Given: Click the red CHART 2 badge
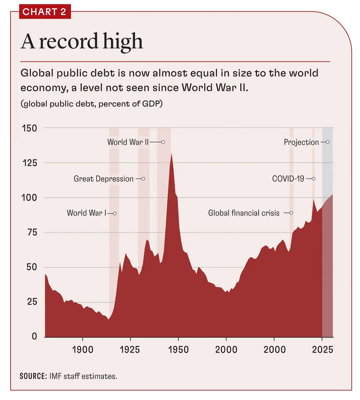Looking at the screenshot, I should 45,12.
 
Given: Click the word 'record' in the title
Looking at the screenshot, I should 68,41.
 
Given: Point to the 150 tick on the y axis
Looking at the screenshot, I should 29,128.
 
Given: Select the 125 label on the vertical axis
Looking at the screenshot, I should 30,163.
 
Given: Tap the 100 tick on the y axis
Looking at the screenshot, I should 29,198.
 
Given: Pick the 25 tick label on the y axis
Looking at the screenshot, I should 32,302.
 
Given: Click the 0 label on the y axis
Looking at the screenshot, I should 34,336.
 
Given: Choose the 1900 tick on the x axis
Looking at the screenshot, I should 83,350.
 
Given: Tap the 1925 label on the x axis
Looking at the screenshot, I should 130,350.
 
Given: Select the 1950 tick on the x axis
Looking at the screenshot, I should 178,350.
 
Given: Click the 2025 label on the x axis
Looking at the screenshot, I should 322,350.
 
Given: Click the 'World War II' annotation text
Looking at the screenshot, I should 128,142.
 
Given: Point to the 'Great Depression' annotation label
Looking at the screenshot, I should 104,179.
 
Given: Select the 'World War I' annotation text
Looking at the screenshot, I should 86,213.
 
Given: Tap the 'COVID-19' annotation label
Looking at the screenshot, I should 288,179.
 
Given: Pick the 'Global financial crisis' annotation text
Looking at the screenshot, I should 244,213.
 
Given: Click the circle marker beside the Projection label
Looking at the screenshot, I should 327,142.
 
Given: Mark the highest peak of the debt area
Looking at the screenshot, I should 172,154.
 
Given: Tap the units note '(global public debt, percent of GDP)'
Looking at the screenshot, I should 91,104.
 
